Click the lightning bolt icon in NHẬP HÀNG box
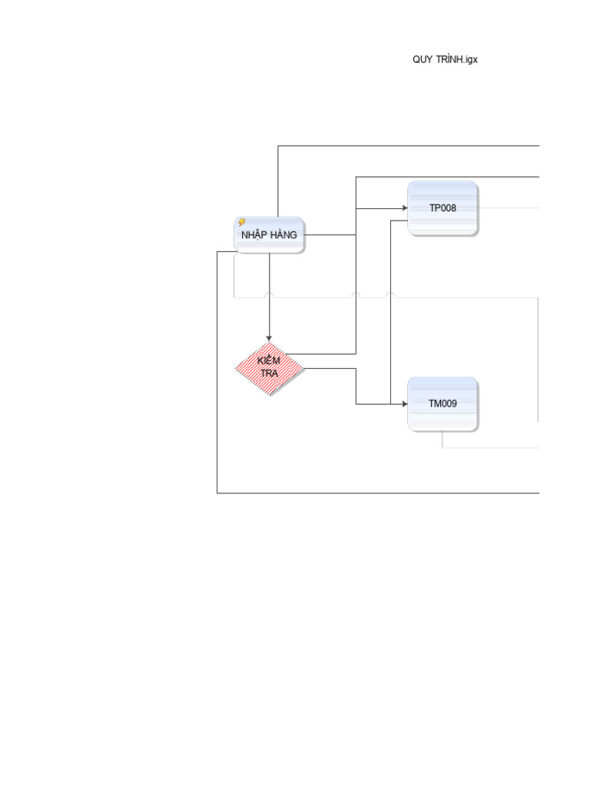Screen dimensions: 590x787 [242, 222]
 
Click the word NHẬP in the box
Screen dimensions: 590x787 [254, 235]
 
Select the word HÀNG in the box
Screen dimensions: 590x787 [283, 234]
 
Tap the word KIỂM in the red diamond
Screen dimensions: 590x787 [268, 360]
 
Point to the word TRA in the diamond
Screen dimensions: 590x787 [269, 374]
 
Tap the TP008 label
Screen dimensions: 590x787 [442, 208]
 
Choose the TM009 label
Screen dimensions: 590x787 [442, 403]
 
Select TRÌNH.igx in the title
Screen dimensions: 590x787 [456, 59]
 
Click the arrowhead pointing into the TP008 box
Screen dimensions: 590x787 [405, 208]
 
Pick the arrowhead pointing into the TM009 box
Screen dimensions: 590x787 [405, 403]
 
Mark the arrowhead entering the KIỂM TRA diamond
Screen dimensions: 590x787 [269, 339]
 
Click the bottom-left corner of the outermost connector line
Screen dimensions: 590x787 [217, 493]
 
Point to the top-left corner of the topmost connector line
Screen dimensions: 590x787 [278, 146]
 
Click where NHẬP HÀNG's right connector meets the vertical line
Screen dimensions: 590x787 [356, 234]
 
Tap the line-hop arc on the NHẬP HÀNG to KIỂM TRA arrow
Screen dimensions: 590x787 [270, 294]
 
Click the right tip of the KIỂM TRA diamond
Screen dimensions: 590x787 [303, 368]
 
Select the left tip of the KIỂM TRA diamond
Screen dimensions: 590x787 [235, 368]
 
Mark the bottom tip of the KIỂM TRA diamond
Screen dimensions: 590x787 [270, 396]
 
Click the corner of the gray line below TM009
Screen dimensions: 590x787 [442, 447]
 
